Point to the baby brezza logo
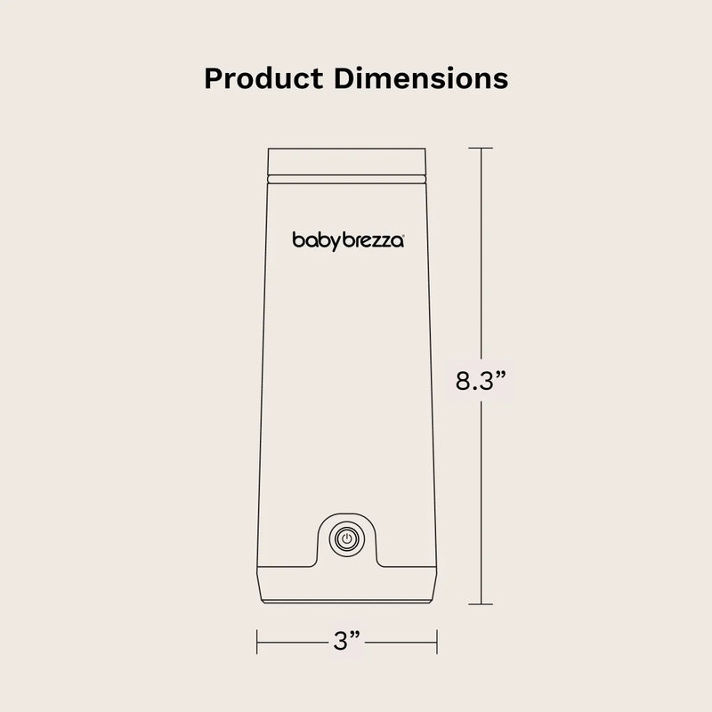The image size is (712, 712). [349, 239]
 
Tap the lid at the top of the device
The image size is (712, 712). [349, 161]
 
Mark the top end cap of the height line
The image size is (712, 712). [481, 148]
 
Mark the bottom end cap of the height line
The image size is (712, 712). [481, 605]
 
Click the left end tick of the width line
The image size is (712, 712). [257, 639]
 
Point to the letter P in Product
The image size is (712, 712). [214, 78]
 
